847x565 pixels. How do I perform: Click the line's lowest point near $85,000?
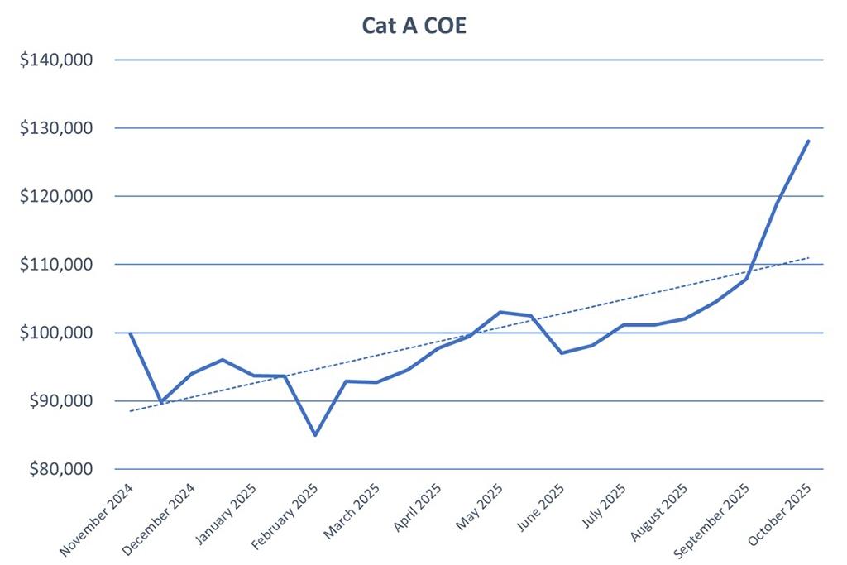click(315, 434)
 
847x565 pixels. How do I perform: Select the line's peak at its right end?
click(808, 141)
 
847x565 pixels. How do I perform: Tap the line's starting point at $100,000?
click(131, 333)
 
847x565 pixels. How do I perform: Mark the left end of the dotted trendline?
click(131, 411)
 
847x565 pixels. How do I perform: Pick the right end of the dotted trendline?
click(808, 258)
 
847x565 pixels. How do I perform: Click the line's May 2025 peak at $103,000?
click(500, 312)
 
